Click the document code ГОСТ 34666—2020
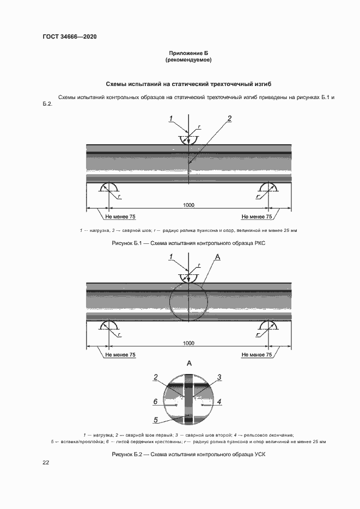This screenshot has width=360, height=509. pos(69,36)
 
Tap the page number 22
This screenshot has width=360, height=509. pos(46,462)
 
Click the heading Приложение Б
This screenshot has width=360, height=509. pos(188,53)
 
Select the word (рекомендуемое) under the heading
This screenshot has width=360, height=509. pos(188,60)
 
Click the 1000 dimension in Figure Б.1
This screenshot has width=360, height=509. pos(188,205)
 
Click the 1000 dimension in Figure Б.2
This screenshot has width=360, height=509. pos(188,344)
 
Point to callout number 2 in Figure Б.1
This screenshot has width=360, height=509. pos(229,119)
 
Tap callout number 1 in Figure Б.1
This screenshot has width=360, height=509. pos(170,119)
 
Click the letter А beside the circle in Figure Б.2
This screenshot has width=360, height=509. pos(218,256)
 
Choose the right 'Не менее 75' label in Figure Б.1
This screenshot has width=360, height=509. pos(257,217)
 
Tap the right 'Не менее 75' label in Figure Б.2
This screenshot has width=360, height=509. pos(257,355)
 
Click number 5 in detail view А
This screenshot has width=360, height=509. pos(155,420)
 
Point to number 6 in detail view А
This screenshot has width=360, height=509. pos(155,402)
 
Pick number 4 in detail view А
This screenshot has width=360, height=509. pos(219,402)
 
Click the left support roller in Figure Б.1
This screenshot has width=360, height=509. pos(109,188)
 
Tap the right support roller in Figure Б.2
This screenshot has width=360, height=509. pos(268,326)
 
